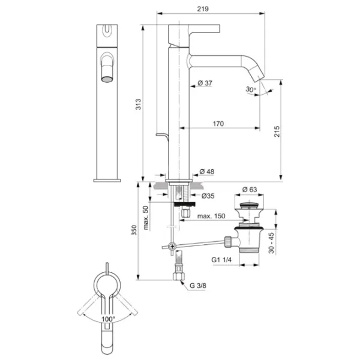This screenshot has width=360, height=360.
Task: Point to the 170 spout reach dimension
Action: [x=218, y=124]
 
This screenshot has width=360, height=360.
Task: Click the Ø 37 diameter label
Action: [x=205, y=83]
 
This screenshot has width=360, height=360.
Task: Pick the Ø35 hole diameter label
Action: [x=208, y=196]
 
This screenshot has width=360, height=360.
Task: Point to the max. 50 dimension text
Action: [x=146, y=217]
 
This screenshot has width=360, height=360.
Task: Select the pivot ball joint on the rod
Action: [x=173, y=246]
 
